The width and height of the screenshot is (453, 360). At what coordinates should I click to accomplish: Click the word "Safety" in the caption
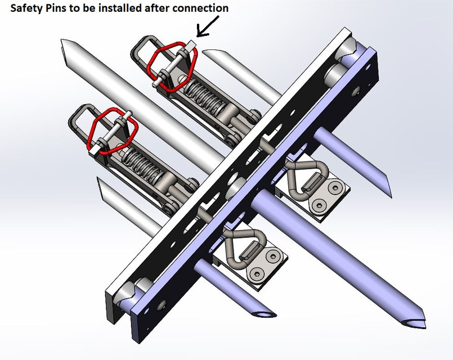26,8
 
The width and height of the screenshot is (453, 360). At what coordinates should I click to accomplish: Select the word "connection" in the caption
202,8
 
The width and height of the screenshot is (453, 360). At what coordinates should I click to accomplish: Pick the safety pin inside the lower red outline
113,131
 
